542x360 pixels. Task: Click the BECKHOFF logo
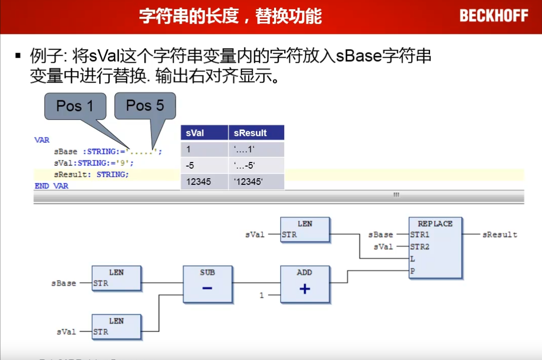pyautogui.click(x=493, y=16)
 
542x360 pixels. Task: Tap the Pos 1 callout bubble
pyautogui.click(x=75, y=106)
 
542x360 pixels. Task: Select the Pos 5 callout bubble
pyautogui.click(x=145, y=106)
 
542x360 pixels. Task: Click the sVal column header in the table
pyautogui.click(x=204, y=133)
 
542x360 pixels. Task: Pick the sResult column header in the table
pyautogui.click(x=256, y=133)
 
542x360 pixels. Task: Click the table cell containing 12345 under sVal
pyautogui.click(x=204, y=182)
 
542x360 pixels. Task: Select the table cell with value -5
pyautogui.click(x=204, y=166)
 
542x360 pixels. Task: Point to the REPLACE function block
pyautogui.click(x=435, y=248)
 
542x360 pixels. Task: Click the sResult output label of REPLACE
pyautogui.click(x=499, y=235)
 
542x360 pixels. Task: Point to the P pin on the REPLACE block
pyautogui.click(x=412, y=271)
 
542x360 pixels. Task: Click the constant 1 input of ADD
pyautogui.click(x=262, y=295)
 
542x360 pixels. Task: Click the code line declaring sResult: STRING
pyautogui.click(x=91, y=175)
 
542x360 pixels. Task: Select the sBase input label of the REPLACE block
pyautogui.click(x=380, y=235)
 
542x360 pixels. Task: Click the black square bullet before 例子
pyautogui.click(x=18, y=55)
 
